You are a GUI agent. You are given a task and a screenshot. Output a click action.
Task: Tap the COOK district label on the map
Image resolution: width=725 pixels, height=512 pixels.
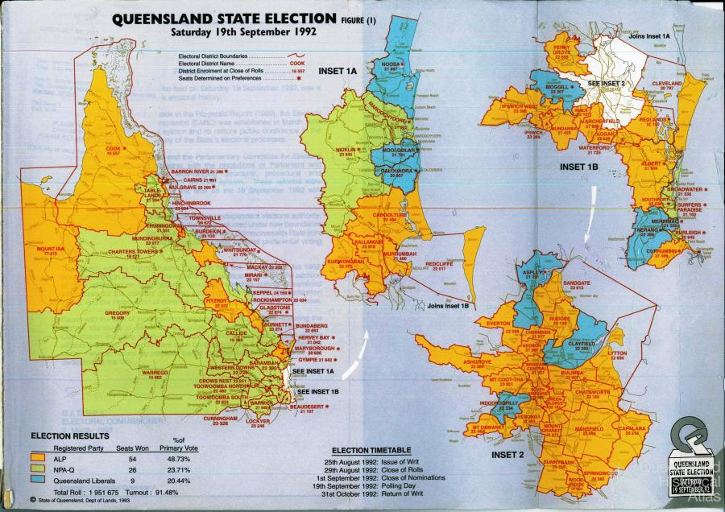(x=112, y=148)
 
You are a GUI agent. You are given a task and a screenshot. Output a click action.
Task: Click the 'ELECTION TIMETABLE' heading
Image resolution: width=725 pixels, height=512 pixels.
(x=373, y=448)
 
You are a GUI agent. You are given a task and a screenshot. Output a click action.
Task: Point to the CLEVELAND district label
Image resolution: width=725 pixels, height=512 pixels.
(x=667, y=82)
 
